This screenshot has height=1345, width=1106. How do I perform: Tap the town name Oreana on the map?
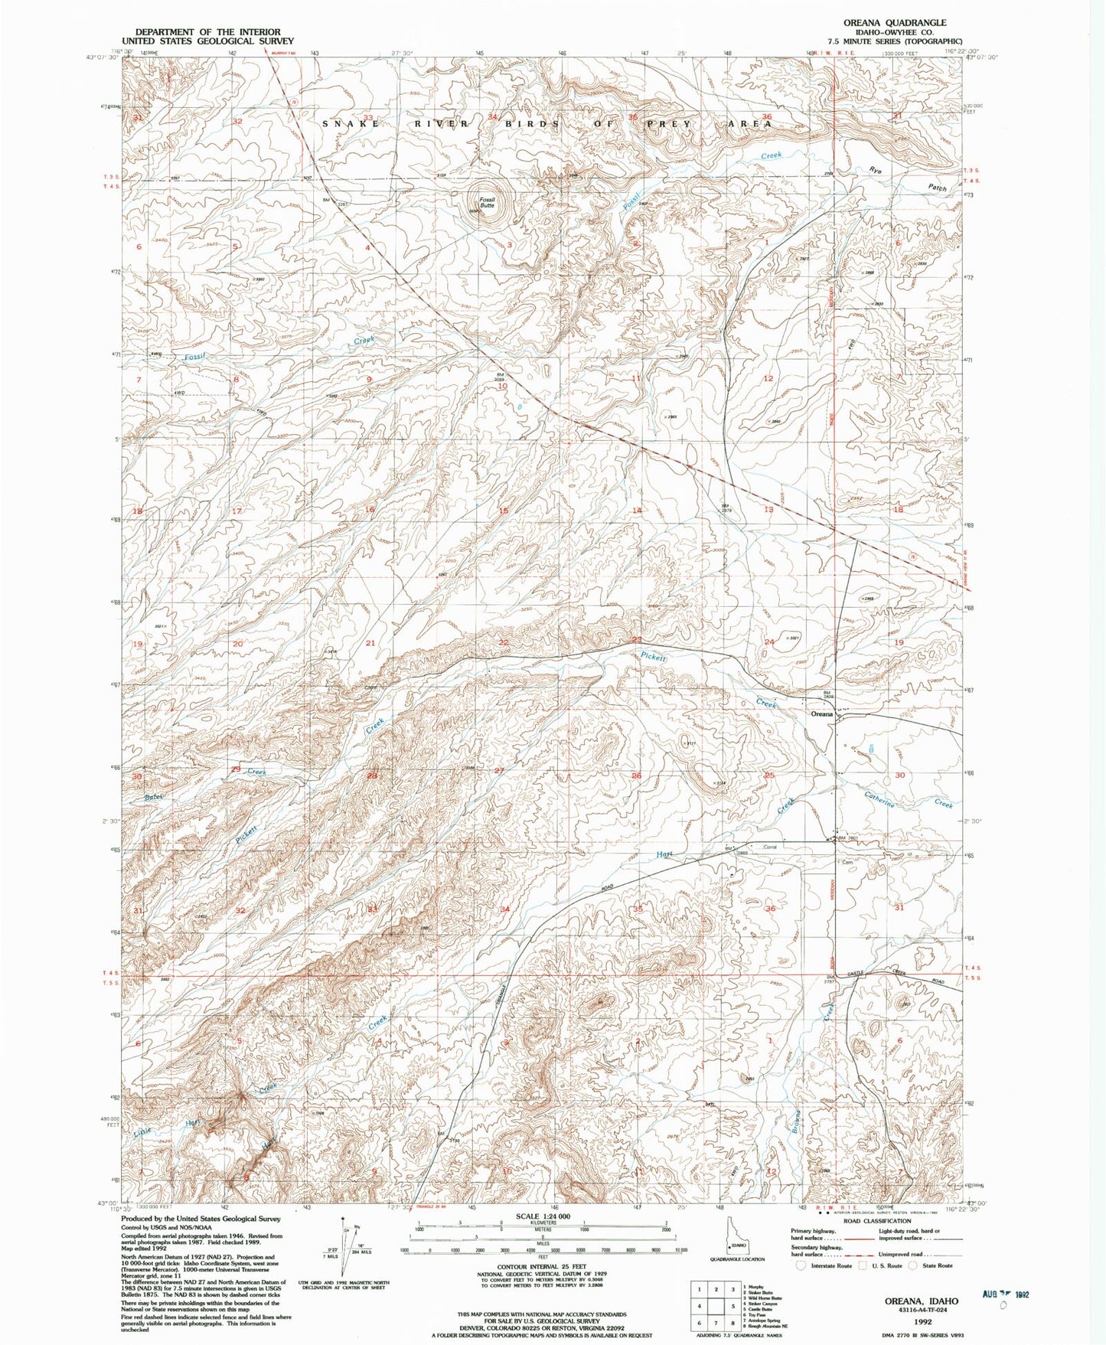[x=821, y=713]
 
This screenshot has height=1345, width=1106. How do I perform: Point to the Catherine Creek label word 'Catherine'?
[x=879, y=799]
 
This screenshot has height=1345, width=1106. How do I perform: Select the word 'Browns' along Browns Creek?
[x=797, y=1120]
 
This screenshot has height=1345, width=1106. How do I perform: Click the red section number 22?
[x=504, y=642]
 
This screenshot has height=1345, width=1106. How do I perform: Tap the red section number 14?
[x=636, y=510]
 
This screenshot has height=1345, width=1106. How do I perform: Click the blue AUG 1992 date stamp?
[x=1006, y=1295]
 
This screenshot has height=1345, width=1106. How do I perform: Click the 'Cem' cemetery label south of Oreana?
[x=847, y=862]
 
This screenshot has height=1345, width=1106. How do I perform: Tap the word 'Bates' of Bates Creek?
[x=155, y=798]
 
